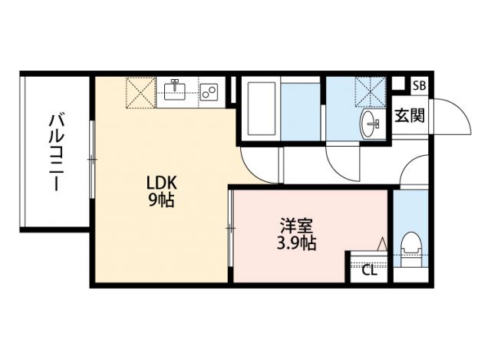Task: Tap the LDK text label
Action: pyautogui.click(x=162, y=183)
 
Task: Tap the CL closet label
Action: pyautogui.click(x=368, y=269)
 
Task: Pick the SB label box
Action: pyautogui.click(x=420, y=86)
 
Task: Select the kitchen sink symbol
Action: pyautogui.click(x=177, y=91)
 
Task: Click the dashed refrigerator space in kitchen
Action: pyautogui.click(x=140, y=92)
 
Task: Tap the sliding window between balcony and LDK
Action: pyautogui.click(x=91, y=159)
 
